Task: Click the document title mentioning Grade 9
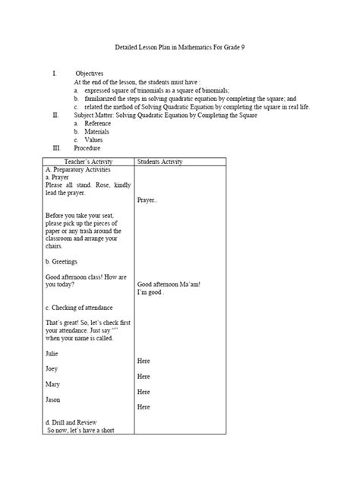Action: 180,48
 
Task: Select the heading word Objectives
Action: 89,73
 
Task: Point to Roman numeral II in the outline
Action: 55,115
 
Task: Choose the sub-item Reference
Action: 97,123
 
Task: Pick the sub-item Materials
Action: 96,131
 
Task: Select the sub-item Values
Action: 93,140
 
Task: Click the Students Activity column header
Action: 159,162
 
